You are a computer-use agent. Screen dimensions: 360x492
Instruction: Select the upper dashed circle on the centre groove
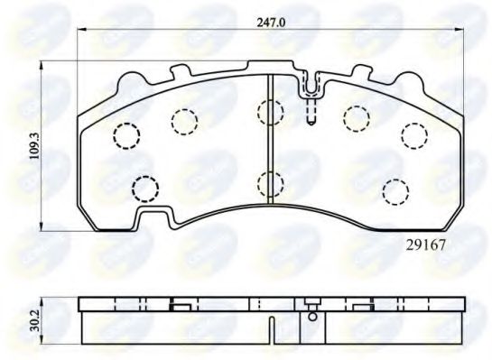click(269, 112)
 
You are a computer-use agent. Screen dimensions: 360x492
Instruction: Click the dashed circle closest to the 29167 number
click(394, 190)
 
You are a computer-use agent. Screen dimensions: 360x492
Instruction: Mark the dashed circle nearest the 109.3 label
click(126, 135)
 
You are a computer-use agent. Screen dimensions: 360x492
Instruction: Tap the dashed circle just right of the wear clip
click(356, 117)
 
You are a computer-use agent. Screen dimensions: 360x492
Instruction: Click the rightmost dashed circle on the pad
click(414, 134)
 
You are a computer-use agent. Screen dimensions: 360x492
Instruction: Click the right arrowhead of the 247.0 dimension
click(461, 31)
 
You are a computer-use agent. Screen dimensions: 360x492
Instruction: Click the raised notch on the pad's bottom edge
click(156, 216)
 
